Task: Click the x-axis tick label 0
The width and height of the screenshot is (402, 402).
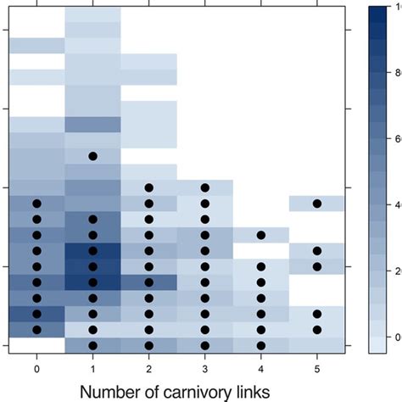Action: [x=37, y=370]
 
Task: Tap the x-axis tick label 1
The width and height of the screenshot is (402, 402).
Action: [x=93, y=370]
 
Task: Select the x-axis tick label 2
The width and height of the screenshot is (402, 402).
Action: [x=149, y=370]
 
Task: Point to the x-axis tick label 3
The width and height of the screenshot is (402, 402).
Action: [x=204, y=370]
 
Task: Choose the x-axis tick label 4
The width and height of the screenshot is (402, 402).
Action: [x=261, y=370]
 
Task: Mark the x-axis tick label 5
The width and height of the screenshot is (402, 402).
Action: [x=317, y=370]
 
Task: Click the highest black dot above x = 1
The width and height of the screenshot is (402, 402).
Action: [x=93, y=156]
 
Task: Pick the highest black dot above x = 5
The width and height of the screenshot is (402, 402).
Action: [x=317, y=204]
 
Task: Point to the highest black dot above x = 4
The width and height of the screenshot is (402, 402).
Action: [x=261, y=235]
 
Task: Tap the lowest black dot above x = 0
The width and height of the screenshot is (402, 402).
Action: [x=37, y=329]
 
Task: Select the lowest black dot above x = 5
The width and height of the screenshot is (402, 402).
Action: [x=317, y=329]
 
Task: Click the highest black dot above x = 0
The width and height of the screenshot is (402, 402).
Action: [x=37, y=204]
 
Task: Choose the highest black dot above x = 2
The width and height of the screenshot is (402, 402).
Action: [x=149, y=187]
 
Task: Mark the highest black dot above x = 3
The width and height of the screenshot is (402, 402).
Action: [x=204, y=187]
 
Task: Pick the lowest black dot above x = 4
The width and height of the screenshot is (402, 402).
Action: [x=261, y=345]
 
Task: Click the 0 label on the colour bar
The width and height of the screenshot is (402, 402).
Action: [x=395, y=337]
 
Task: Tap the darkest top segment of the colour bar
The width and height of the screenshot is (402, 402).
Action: [x=378, y=12]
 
